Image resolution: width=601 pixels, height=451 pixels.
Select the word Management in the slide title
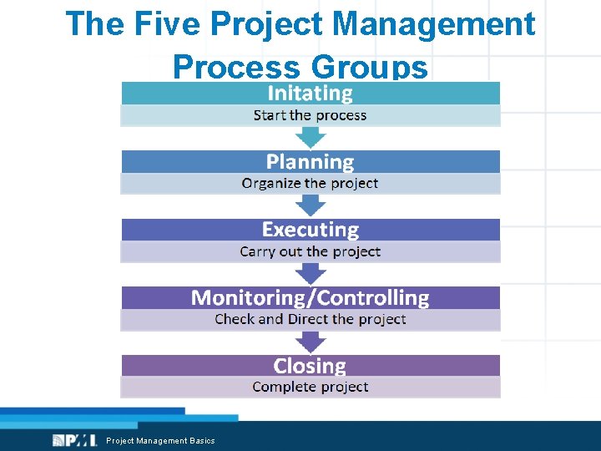[x=434, y=24]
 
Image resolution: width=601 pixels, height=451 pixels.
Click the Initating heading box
[x=310, y=93]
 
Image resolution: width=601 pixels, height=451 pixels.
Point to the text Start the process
[x=310, y=115]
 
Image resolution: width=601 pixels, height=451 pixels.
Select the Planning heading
[x=310, y=161]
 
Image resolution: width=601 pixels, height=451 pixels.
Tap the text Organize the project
[x=310, y=183]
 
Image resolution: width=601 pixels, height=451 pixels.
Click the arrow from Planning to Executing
[x=311, y=205]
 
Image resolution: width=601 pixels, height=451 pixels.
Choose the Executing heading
[x=310, y=230]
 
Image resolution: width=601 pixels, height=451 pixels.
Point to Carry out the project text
[x=310, y=251]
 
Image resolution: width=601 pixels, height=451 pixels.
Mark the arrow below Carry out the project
[x=311, y=273]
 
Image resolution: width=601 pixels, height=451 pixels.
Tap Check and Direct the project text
[x=310, y=319]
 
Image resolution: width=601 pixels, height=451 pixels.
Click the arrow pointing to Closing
[x=311, y=341]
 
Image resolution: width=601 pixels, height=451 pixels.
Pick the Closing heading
[x=310, y=366]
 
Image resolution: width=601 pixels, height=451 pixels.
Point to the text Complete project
[x=310, y=387]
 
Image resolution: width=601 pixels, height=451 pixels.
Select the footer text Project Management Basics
[x=160, y=440]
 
